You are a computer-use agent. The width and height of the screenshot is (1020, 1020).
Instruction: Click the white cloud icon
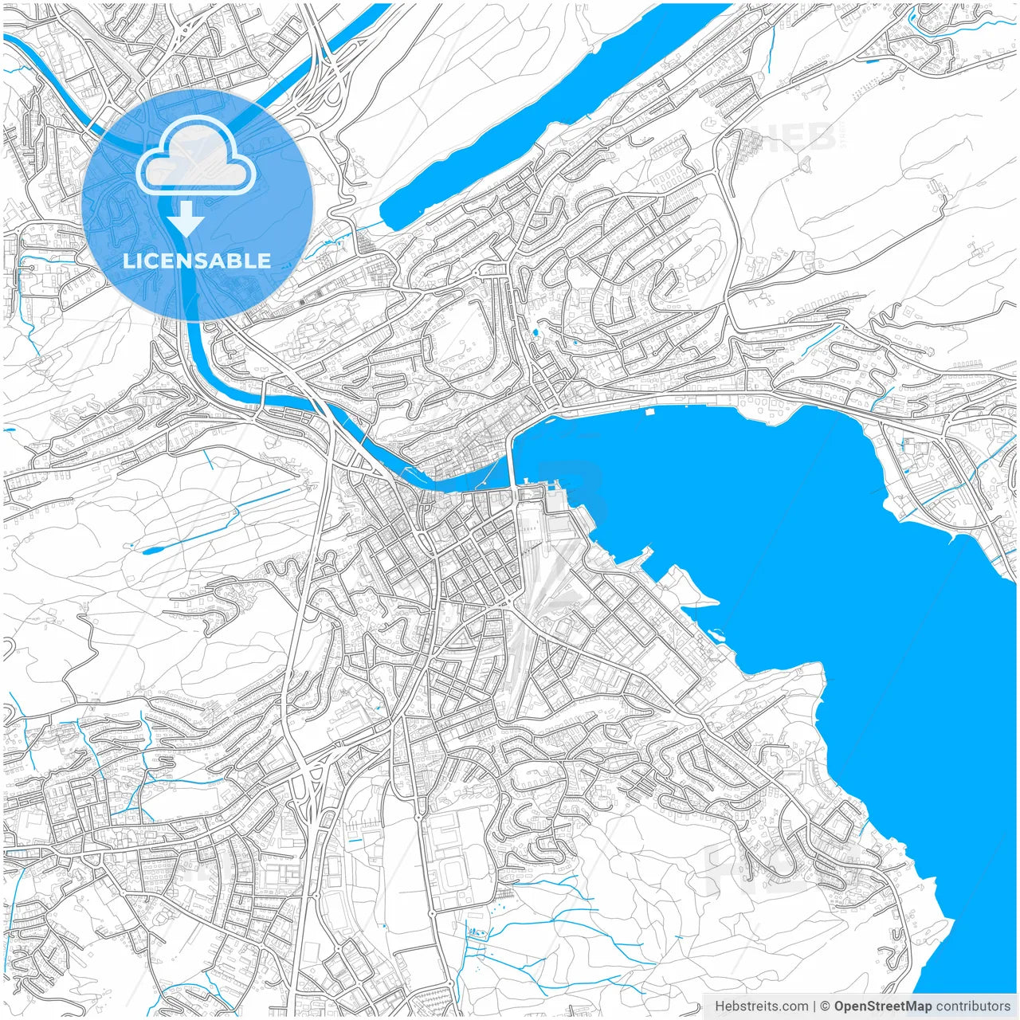coord(196,155)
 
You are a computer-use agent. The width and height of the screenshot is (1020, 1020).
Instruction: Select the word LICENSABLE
coord(197,261)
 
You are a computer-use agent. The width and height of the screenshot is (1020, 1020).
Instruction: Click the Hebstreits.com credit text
coord(761,1006)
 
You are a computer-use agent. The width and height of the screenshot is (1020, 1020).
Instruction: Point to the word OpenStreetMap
coord(882,1006)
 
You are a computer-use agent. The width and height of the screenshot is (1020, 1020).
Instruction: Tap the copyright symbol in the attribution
coord(826,1006)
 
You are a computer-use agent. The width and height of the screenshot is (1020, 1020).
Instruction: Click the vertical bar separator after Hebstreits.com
coord(814,1006)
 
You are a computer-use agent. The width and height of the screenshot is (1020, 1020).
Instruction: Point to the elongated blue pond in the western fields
coord(152,550)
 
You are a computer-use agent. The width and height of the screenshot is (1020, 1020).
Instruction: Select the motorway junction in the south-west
coord(311,777)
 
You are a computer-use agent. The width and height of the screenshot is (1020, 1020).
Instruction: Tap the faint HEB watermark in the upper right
coord(797,137)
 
